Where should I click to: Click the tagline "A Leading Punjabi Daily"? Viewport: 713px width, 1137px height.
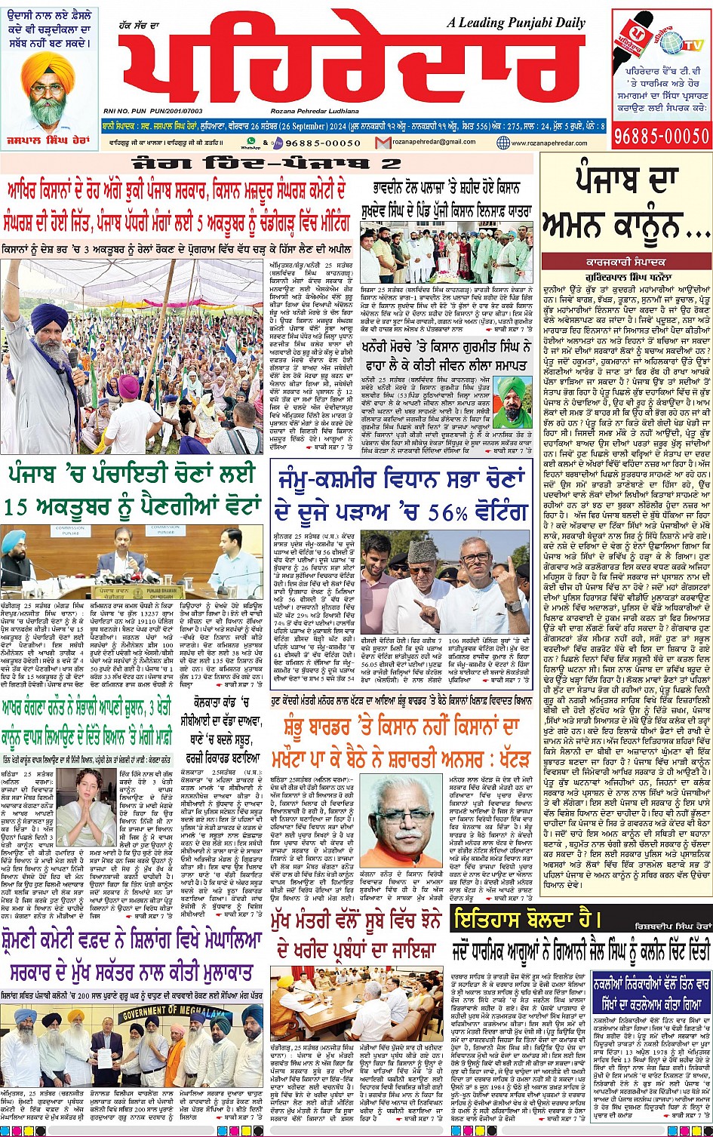click(521, 23)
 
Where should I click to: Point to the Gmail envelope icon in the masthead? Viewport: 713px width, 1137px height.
click(383, 142)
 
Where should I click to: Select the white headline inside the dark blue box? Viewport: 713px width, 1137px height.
click(650, 982)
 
